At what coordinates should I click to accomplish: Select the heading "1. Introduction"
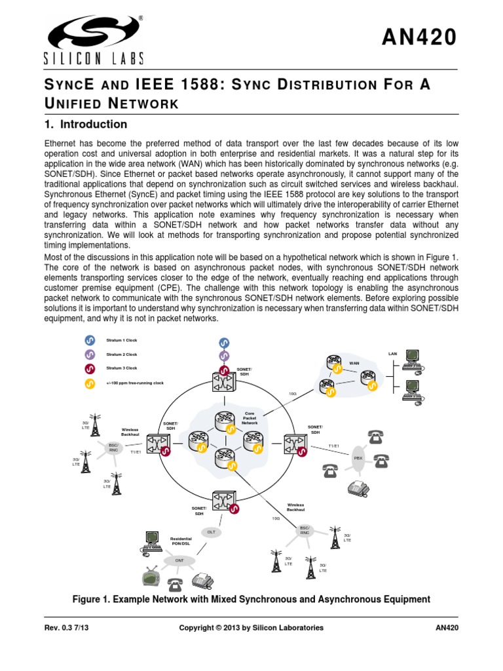(85, 125)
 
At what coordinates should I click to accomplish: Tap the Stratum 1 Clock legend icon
(90, 341)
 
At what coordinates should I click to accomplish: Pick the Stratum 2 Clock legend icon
(90, 355)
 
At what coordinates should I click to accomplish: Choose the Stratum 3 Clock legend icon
(90, 368)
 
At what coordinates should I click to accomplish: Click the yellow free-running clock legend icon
(90, 383)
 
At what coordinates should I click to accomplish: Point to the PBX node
(358, 458)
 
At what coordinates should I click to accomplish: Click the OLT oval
(211, 532)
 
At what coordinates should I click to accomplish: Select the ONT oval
(179, 561)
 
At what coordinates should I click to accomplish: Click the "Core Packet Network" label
(250, 418)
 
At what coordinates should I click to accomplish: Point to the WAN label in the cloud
(354, 362)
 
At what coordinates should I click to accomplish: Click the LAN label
(392, 353)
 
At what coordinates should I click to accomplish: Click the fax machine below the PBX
(360, 487)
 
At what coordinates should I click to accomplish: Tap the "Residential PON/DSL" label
(181, 541)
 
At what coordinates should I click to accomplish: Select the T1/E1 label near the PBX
(334, 446)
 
